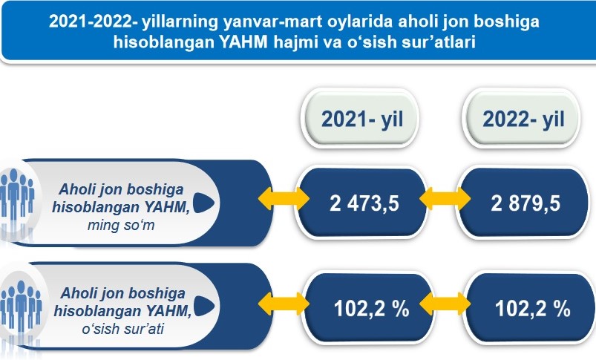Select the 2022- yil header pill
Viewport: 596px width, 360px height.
click(x=522, y=118)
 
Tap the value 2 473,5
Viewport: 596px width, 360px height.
click(x=364, y=203)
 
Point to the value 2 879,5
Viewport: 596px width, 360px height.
click(x=525, y=203)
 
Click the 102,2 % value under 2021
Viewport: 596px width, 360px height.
click(x=371, y=308)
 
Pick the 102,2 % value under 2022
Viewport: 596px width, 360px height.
click(x=532, y=308)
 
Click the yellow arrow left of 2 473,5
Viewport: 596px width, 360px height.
click(x=284, y=198)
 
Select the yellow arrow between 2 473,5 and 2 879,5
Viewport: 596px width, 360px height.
click(x=445, y=198)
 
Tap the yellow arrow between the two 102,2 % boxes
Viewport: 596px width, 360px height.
click(x=445, y=304)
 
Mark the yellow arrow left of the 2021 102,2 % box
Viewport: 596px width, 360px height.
click(x=284, y=304)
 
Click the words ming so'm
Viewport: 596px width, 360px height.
click(x=121, y=225)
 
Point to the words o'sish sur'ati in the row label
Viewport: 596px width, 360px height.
click(x=122, y=329)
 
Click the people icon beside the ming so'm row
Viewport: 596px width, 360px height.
click(x=17, y=197)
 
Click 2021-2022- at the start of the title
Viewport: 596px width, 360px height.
click(x=93, y=22)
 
